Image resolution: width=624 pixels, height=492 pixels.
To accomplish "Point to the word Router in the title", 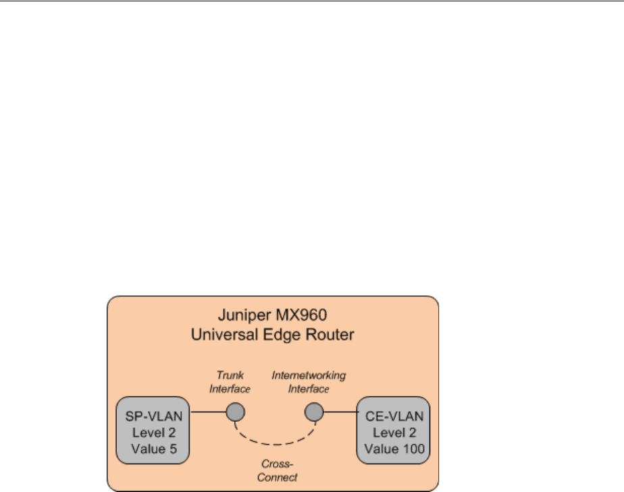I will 329,334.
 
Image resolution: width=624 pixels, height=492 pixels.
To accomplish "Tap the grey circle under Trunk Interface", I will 235,412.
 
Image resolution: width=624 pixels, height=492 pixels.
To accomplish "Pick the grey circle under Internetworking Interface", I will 313,412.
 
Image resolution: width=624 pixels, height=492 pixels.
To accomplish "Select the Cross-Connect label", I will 278,471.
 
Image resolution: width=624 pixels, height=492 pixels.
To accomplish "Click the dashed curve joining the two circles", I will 274,443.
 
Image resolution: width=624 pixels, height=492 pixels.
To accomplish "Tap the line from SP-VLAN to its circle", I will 207,412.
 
